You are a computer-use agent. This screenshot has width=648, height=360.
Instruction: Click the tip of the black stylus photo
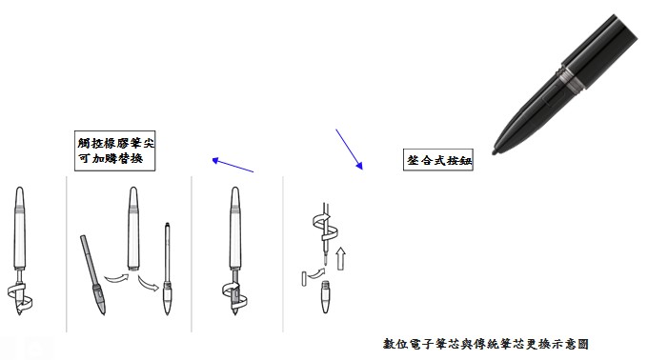pyautogui.click(x=495, y=152)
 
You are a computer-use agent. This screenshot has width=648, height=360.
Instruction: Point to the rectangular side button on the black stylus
pyautogui.click(x=552, y=99)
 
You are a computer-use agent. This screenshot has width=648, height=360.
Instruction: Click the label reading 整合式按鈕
pyautogui.click(x=438, y=160)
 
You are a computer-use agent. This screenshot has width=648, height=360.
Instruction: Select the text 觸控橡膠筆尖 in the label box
pyautogui.click(x=115, y=143)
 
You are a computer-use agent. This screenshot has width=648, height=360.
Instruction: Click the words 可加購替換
pyautogui.click(x=111, y=158)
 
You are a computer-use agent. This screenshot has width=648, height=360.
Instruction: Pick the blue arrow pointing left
pyautogui.click(x=233, y=165)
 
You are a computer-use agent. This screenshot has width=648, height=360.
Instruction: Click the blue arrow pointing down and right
pyautogui.click(x=349, y=149)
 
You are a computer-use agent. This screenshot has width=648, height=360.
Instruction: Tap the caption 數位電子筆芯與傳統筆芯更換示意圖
pyautogui.click(x=486, y=344)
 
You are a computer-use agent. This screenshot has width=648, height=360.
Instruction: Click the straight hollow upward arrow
pyautogui.click(x=340, y=259)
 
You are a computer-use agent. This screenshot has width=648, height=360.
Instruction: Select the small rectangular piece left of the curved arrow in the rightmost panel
pyautogui.click(x=304, y=279)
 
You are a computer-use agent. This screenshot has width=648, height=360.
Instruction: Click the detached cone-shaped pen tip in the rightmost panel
pyautogui.click(x=326, y=297)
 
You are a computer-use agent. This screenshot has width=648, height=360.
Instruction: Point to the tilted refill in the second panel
pyautogui.click(x=93, y=275)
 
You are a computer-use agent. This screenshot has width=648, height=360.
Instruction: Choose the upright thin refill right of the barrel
pyautogui.click(x=167, y=269)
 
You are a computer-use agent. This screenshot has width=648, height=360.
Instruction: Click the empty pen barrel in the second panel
pyautogui.click(x=133, y=229)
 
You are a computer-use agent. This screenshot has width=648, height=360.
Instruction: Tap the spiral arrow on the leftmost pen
pyautogui.click(x=20, y=296)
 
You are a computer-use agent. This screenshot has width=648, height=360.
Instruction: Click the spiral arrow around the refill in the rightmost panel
pyautogui.click(x=325, y=228)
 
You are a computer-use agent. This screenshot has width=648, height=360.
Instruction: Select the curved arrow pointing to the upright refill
pyautogui.click(x=149, y=284)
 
